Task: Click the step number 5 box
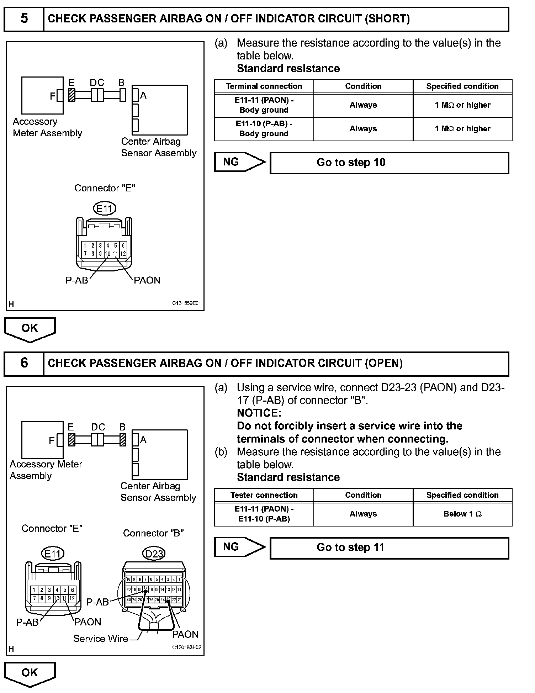click(24, 19)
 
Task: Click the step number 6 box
click(24, 363)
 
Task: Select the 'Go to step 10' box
click(389, 163)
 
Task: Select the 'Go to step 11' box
click(389, 547)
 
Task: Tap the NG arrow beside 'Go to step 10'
click(239, 162)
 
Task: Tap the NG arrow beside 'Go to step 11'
click(239, 547)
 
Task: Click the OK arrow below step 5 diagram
click(30, 329)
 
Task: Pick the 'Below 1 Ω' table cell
click(462, 514)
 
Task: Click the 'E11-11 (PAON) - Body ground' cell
click(264, 105)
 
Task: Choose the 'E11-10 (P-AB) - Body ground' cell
click(264, 129)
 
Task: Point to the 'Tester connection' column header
click(264, 495)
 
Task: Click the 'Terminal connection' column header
click(264, 86)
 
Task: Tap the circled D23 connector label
click(154, 554)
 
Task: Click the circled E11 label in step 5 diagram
click(105, 208)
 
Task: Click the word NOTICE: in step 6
click(259, 413)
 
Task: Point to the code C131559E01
click(186, 303)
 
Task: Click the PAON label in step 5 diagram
click(147, 280)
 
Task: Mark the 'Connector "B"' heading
click(153, 533)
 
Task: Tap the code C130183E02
click(186, 648)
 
